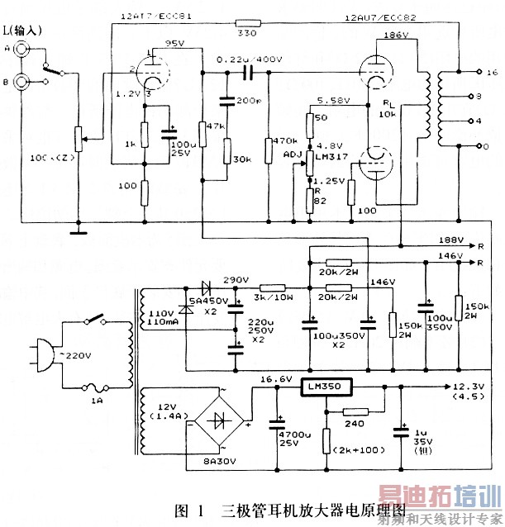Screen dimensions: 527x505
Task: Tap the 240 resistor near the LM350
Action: coord(355,412)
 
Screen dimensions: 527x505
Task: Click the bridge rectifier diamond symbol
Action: coord(220,420)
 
